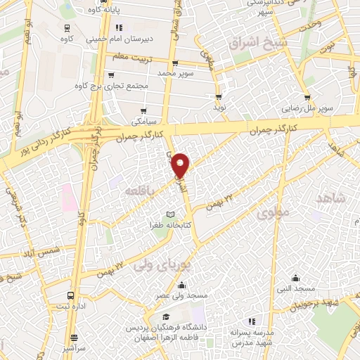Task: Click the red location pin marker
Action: click(x=181, y=165)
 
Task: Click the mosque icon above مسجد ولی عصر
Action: click(x=182, y=285)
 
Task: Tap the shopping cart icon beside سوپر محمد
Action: click(x=176, y=62)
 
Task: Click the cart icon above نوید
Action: click(x=219, y=97)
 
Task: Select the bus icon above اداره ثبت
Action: click(x=70, y=295)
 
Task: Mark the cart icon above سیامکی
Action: click(x=144, y=110)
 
